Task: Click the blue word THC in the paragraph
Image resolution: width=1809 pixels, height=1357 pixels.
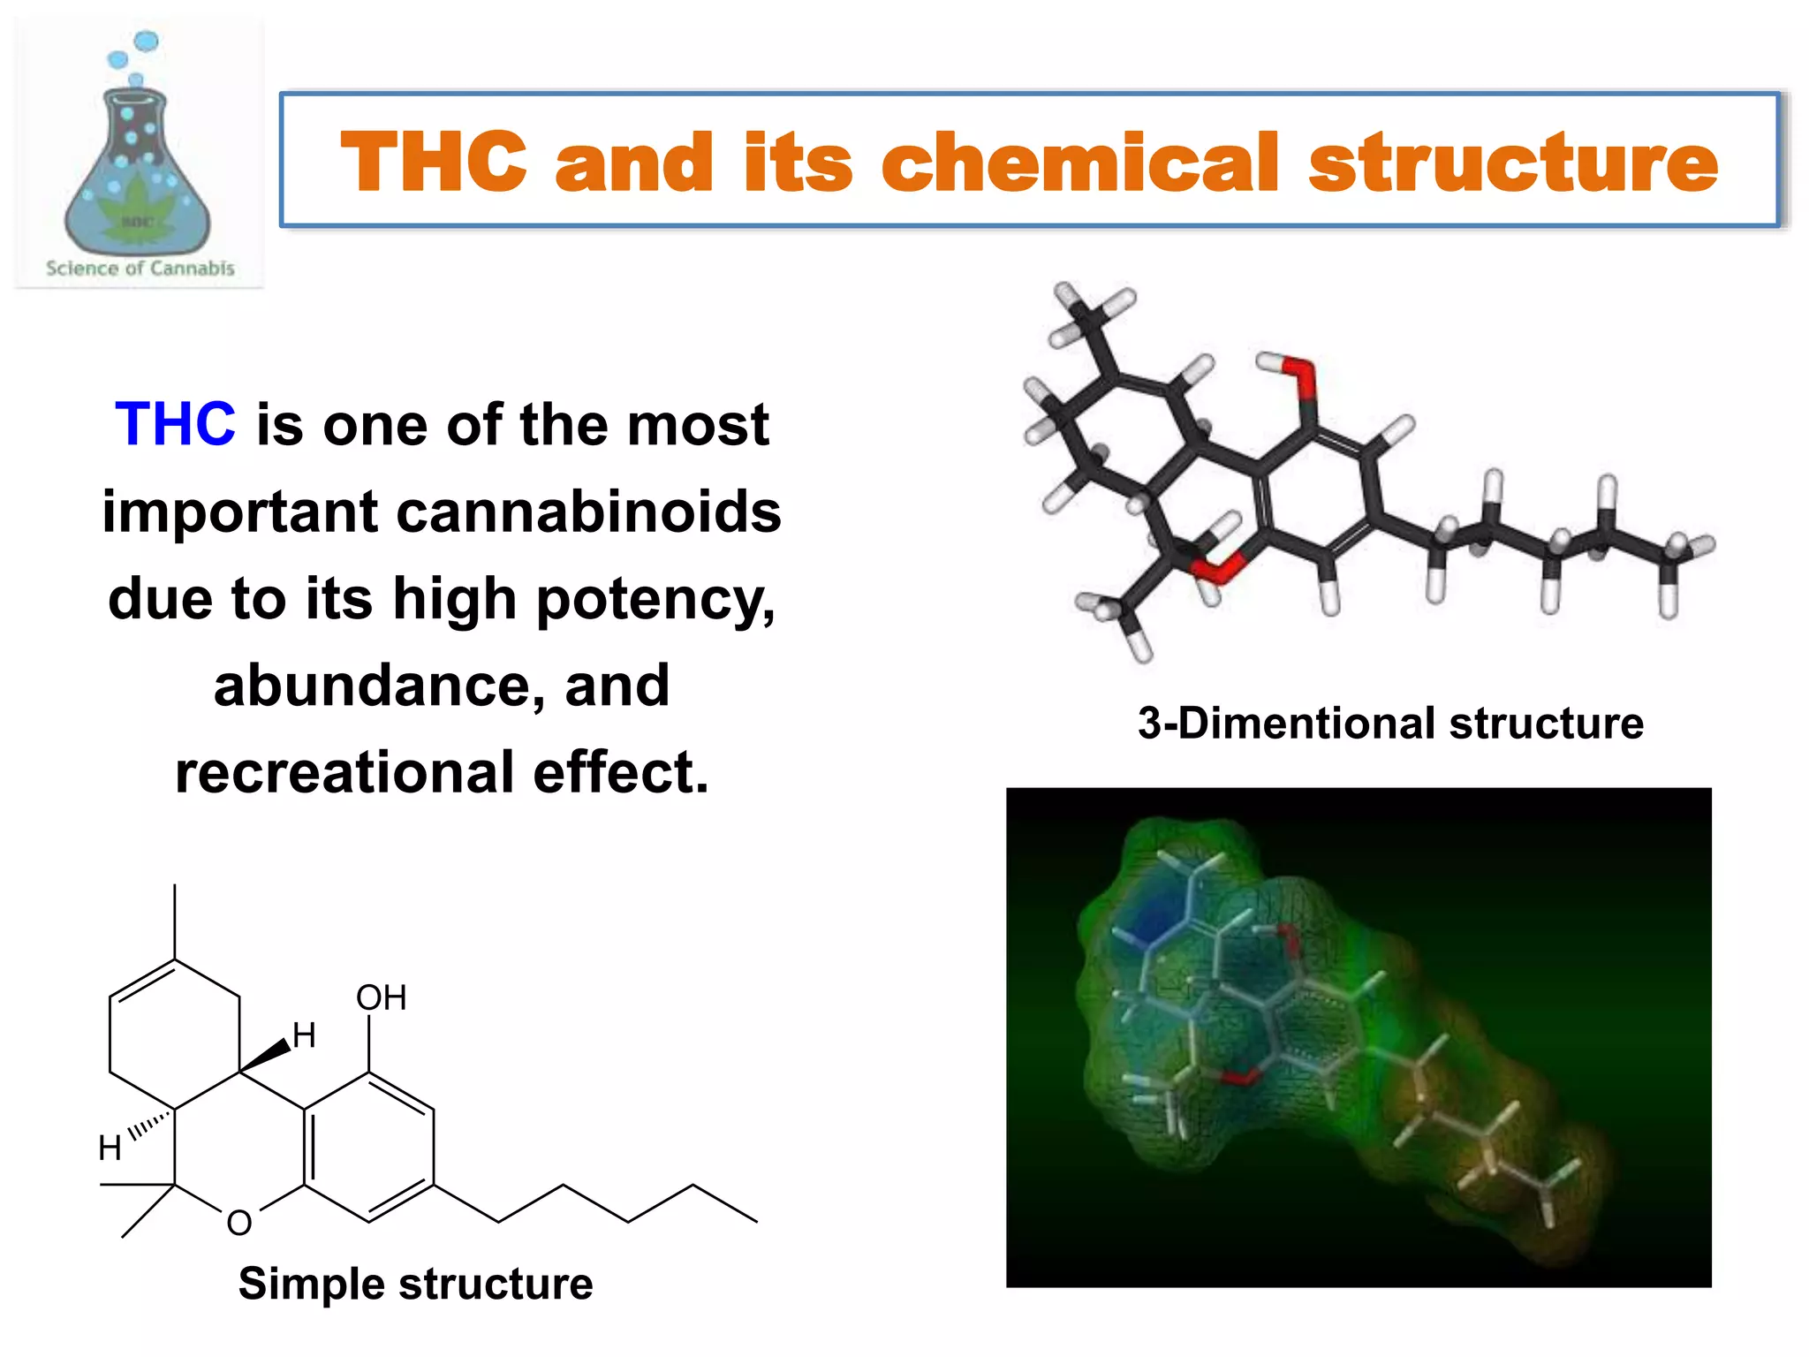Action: click(175, 424)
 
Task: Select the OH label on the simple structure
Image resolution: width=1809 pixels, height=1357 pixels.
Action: click(381, 997)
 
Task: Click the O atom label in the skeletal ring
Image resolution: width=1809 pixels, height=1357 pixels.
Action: click(239, 1223)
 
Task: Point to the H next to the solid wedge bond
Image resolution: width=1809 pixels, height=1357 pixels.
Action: click(305, 1035)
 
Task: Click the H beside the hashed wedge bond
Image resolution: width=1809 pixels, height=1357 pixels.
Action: click(110, 1148)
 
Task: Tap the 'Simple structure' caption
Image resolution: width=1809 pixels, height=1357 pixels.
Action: click(415, 1283)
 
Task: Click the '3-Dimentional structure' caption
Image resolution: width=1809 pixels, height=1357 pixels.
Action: click(1390, 723)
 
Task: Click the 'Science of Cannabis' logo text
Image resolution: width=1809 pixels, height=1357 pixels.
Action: click(140, 269)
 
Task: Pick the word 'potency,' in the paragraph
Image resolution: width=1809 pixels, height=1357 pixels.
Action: click(655, 598)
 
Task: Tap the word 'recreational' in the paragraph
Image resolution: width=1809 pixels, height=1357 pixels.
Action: click(344, 772)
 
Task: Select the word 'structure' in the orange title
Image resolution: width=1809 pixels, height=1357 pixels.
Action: click(1512, 162)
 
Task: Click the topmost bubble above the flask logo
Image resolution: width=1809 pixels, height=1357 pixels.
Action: click(147, 41)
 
